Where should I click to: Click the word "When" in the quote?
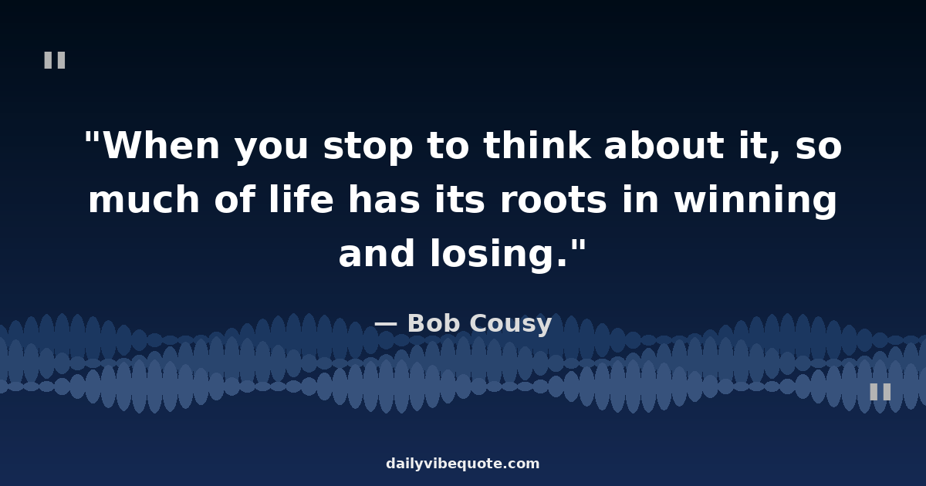point(161,146)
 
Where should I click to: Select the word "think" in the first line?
point(537,145)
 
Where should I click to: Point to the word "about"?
point(664,145)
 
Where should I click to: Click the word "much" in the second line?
point(144,199)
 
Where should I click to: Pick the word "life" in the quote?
point(301,199)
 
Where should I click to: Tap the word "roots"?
point(553,201)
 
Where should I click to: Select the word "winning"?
point(755,201)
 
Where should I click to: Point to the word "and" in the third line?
point(377,252)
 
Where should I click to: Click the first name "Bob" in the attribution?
point(433,322)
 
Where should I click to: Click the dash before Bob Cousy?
point(385,325)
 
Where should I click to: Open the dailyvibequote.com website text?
point(462,464)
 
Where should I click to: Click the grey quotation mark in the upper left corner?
point(55,60)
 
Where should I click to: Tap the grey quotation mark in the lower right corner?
point(880,392)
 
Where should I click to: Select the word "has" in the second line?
point(384,199)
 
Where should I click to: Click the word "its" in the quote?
point(459,199)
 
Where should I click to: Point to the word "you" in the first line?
point(271,150)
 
